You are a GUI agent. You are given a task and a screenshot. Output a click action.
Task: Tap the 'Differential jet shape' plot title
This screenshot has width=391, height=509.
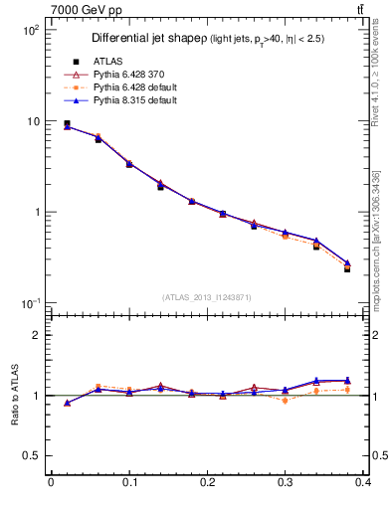[149, 39]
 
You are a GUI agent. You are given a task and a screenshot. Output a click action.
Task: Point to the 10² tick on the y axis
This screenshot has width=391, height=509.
[30, 30]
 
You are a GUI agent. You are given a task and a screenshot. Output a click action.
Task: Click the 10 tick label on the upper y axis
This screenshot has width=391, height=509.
[32, 121]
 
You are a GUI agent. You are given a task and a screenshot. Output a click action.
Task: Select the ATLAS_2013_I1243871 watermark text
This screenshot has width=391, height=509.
[207, 297]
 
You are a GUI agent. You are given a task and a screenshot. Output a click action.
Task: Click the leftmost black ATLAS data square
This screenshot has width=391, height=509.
[67, 124]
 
